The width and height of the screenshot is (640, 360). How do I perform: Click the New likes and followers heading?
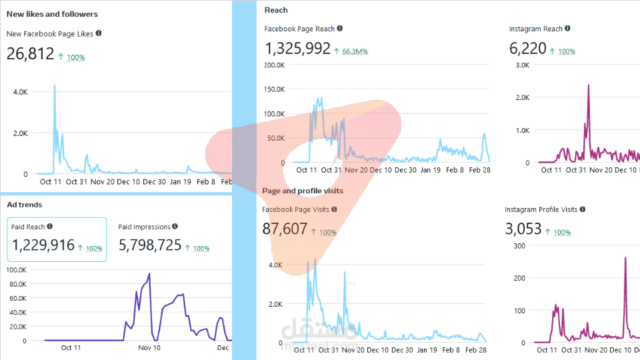(x=52, y=14)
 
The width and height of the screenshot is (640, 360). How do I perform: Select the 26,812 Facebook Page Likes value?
(x=30, y=54)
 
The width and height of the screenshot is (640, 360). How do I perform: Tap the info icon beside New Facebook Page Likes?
(x=99, y=33)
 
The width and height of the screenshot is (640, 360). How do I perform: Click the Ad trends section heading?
(x=24, y=205)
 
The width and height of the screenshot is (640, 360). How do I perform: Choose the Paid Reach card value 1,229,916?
(x=43, y=245)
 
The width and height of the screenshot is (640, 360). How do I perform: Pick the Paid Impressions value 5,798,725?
(x=150, y=245)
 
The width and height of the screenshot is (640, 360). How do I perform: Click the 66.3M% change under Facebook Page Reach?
(x=355, y=51)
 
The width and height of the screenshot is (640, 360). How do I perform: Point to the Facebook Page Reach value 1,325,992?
(x=297, y=49)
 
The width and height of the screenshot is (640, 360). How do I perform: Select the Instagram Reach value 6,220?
(x=527, y=49)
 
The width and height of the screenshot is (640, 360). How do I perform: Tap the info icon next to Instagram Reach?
(x=567, y=29)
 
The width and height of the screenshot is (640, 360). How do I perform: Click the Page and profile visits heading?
(x=303, y=191)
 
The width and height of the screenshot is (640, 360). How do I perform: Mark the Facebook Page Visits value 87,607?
(x=285, y=229)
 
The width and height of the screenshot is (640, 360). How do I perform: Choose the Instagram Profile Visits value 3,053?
(x=523, y=229)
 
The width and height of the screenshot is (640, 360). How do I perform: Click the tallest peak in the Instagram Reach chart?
(x=589, y=85)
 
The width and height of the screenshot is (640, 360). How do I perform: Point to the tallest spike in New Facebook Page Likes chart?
(x=55, y=86)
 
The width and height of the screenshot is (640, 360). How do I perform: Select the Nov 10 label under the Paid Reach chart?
(x=149, y=347)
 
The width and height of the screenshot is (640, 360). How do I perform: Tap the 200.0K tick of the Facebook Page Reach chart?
(x=275, y=65)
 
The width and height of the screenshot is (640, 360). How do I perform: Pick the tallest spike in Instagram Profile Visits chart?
(x=625, y=258)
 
